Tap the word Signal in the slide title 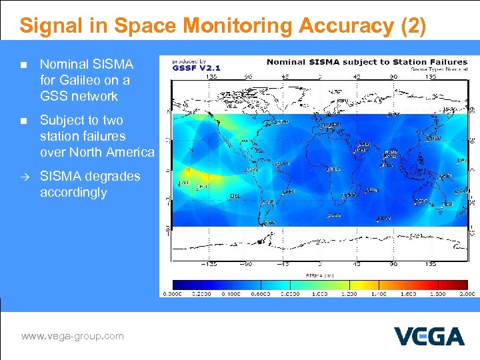pos(54,26)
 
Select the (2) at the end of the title pos(413,26)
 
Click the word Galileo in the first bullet pos(86,80)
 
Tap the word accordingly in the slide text pos(73,193)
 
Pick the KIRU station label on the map pos(342,101)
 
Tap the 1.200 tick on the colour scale pos(349,293)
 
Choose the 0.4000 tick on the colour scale pos(233,293)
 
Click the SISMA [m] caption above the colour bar pos(319,274)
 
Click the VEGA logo pos(429,336)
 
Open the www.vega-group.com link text pos(73,336)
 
